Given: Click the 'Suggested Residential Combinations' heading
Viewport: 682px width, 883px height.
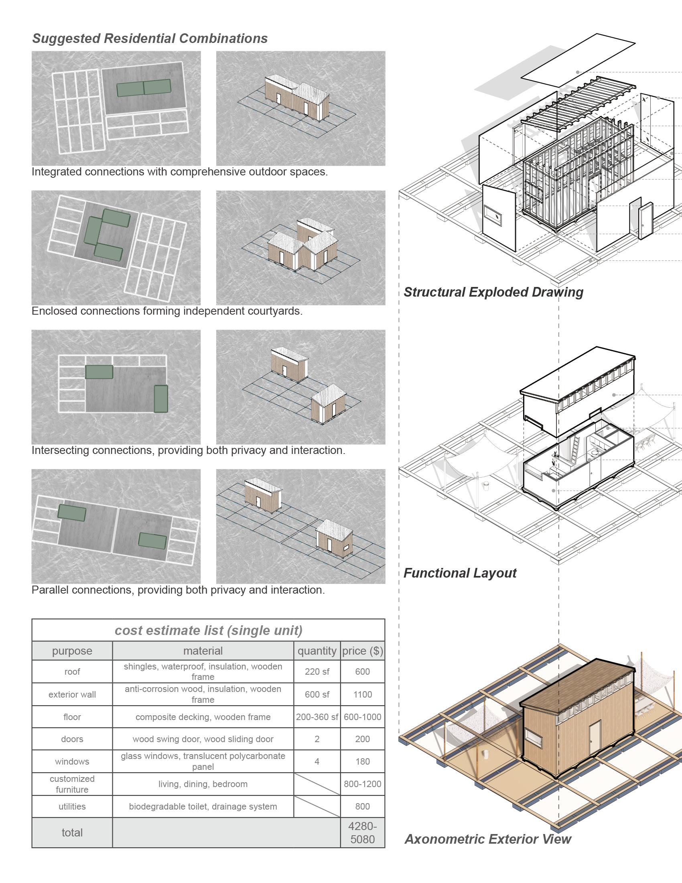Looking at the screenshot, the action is (150, 39).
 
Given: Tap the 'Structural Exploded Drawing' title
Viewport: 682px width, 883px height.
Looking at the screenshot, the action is (493, 292).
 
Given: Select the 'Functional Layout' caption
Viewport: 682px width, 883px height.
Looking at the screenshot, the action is (460, 573).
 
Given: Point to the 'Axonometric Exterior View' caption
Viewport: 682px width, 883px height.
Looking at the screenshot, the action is (488, 839).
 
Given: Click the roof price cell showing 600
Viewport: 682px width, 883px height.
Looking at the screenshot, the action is (362, 671).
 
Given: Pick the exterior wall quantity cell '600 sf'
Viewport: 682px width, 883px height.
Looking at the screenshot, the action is (317, 694).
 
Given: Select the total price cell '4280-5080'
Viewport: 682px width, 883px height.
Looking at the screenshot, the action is (362, 832).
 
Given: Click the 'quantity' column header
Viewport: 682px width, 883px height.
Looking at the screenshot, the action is (317, 651).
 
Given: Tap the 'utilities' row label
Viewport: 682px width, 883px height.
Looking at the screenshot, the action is (72, 806).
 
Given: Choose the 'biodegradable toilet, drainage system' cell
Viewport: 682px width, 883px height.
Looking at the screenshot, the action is (203, 806).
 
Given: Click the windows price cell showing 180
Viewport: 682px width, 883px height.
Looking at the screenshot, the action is (362, 761).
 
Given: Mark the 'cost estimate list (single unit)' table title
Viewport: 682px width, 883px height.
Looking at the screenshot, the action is (209, 630).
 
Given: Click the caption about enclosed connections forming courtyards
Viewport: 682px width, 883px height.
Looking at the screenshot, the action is (167, 311).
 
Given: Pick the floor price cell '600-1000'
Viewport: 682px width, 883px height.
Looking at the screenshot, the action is (362, 717).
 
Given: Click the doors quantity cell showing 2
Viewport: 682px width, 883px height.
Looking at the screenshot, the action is (317, 739).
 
